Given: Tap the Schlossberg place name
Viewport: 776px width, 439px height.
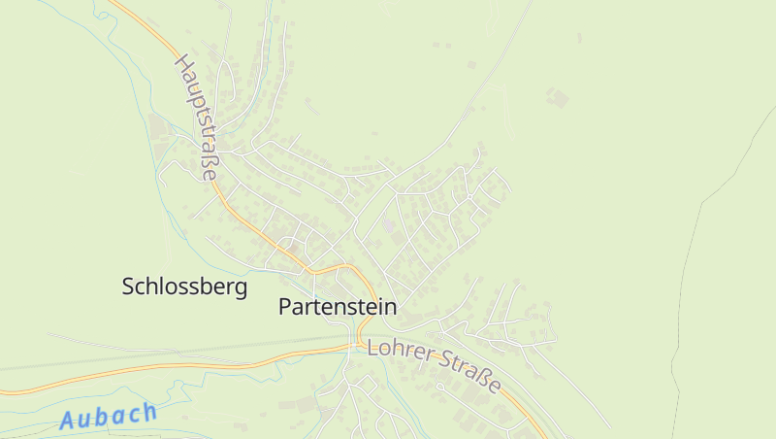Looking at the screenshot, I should (184, 287).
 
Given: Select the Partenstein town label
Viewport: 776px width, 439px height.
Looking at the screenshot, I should (338, 307).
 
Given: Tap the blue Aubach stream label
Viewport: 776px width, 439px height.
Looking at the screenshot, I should (108, 416).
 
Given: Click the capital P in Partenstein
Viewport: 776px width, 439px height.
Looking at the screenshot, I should (284, 307).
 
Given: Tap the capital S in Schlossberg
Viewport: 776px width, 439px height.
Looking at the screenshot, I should (129, 287).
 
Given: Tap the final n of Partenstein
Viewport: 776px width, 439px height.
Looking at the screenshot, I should (391, 307).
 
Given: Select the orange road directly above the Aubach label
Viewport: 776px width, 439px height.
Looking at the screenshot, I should (107, 376).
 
